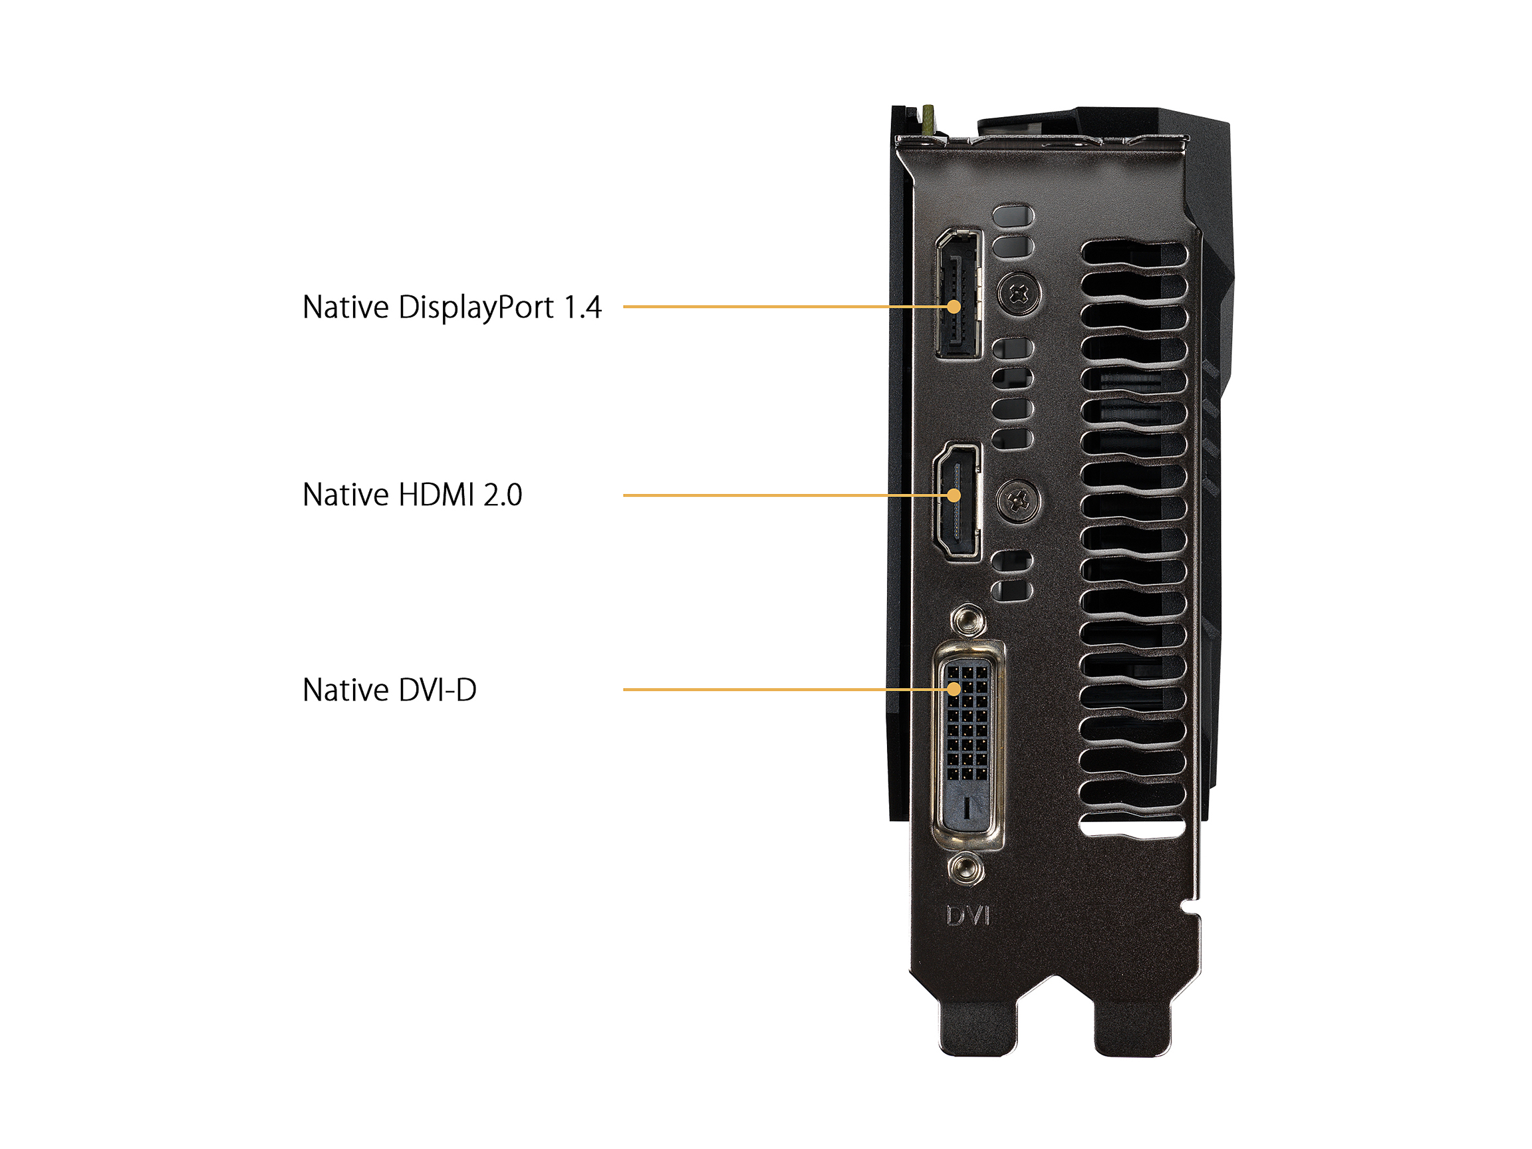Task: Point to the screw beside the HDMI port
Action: coord(1018,501)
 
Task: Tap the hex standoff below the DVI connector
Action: coord(966,868)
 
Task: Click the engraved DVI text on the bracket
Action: coord(968,916)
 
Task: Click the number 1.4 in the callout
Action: coord(582,307)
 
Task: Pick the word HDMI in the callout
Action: coord(437,495)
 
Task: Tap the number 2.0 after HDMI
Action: coord(503,495)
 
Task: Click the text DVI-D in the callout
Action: coord(438,690)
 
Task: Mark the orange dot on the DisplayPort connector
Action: coord(954,306)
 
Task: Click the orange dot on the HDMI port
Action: coord(954,495)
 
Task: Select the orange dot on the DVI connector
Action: coord(954,689)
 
